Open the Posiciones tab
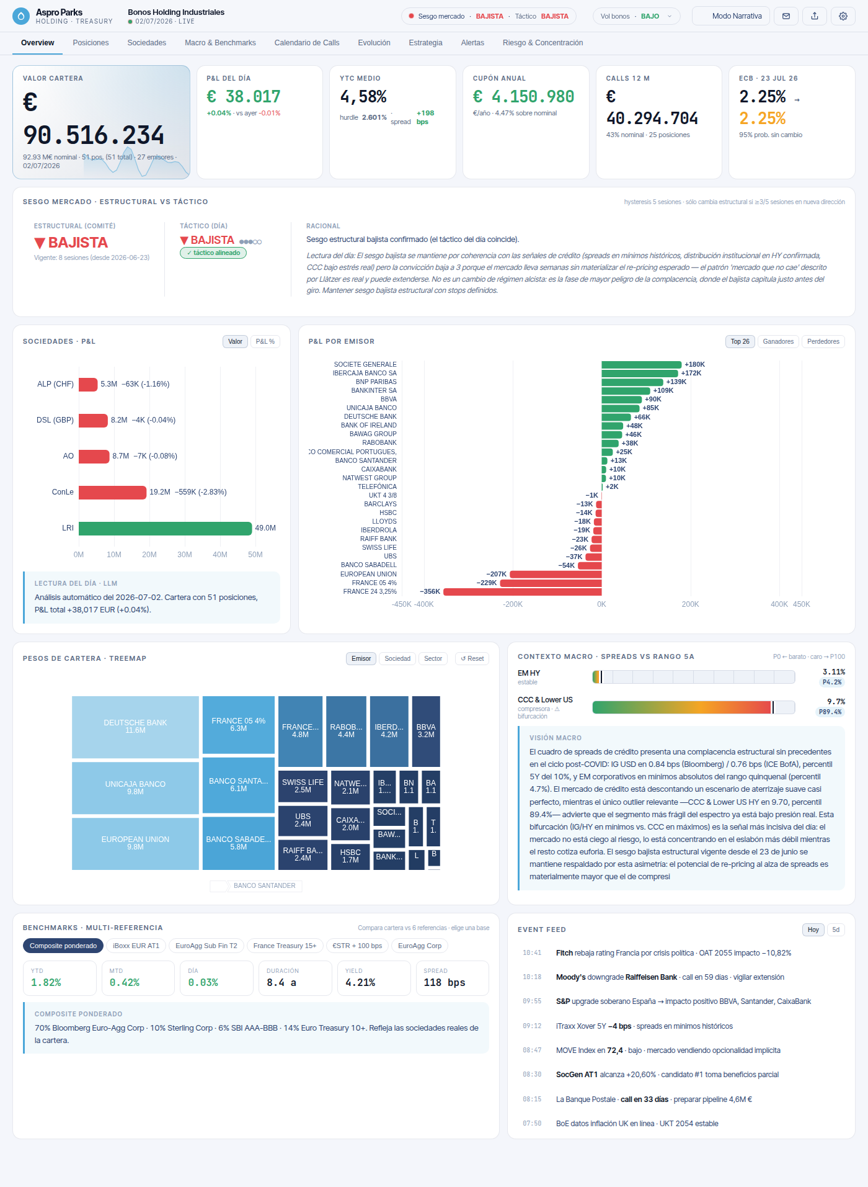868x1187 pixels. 91,43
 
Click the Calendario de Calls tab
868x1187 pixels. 307,43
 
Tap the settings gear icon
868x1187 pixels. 843,16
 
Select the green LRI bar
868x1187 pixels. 166,528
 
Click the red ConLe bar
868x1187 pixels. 113,492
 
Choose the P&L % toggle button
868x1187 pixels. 265,341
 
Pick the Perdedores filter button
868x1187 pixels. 823,341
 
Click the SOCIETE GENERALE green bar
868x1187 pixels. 641,364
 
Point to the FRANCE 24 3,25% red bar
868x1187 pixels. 523,591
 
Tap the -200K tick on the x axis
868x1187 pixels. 513,604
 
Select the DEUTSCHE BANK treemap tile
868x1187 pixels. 135,727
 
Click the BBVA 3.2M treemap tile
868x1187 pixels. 426,731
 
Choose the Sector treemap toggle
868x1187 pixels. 433,658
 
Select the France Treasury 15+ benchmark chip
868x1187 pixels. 285,946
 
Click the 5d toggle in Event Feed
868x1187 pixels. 836,929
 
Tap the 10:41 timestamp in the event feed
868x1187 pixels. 532,953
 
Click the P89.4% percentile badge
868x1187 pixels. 830,712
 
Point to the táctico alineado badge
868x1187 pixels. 213,253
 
